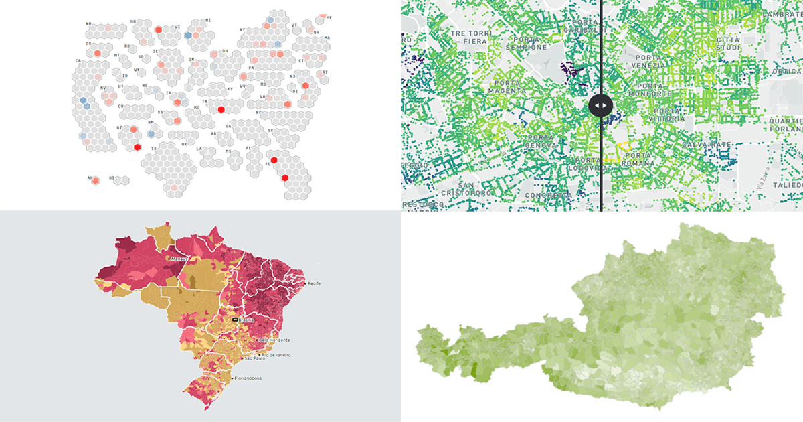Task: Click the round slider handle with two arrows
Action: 600,105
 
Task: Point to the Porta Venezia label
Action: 648,61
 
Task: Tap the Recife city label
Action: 315,283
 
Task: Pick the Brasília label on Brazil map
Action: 245,320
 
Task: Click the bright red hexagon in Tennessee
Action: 221,109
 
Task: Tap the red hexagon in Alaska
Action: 96,180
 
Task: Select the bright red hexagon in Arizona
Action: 137,147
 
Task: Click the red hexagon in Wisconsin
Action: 158,30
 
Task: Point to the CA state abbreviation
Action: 78,61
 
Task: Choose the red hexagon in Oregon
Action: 98,52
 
